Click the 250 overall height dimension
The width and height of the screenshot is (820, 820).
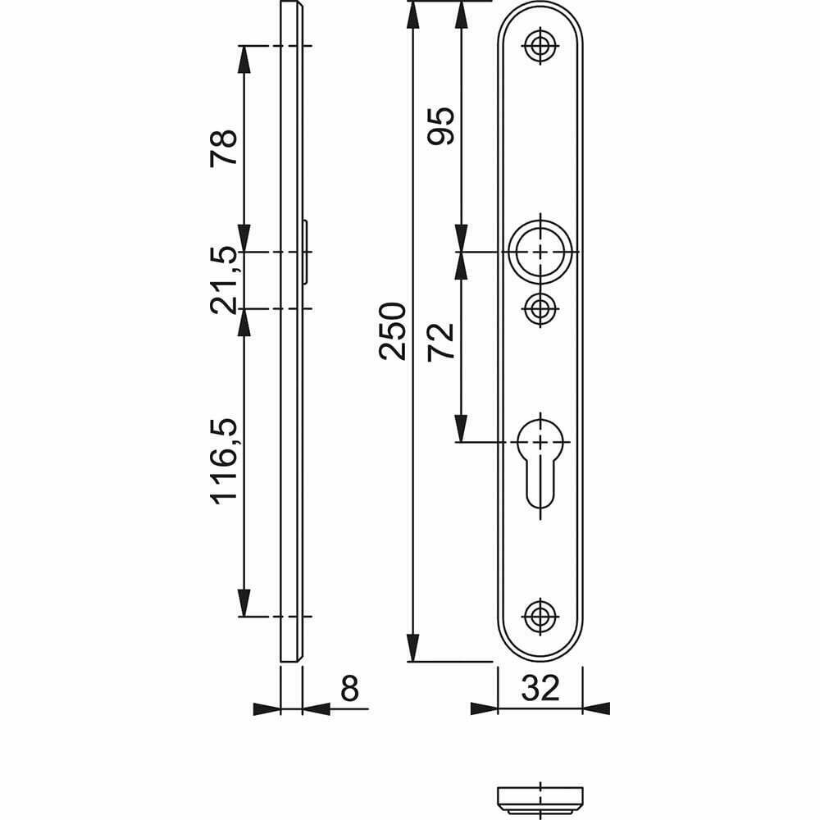coord(392,330)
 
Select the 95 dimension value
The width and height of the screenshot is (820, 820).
coord(441,125)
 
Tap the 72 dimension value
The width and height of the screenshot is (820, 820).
coord(441,341)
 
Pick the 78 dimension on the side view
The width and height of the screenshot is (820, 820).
coord(223,148)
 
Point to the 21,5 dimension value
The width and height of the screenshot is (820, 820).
coord(223,280)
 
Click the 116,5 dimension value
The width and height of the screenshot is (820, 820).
coord(225,461)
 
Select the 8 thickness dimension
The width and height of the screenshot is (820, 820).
coord(349,689)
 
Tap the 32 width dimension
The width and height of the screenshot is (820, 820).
coord(540,688)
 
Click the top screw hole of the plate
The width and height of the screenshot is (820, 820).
coord(540,46)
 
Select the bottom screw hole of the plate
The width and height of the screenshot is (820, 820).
coord(540,616)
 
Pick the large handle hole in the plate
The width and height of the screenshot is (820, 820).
coord(540,251)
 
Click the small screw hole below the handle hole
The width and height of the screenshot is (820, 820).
coord(540,309)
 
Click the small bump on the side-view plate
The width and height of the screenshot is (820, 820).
coord(306,251)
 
